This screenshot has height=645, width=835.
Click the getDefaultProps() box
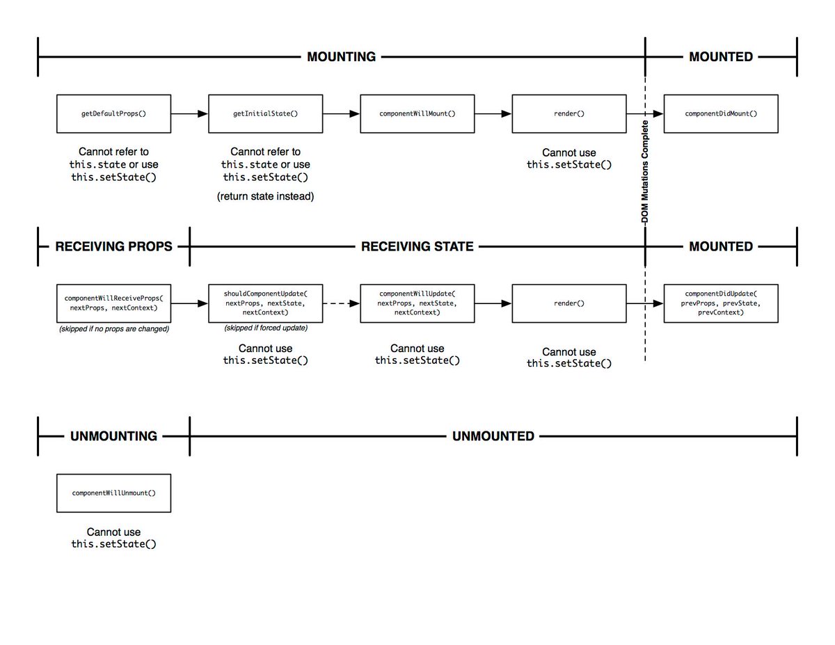[x=113, y=113]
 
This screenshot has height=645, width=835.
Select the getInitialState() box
[x=265, y=113]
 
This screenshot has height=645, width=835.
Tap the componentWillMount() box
[x=417, y=113]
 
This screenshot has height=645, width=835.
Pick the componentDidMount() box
[x=721, y=113]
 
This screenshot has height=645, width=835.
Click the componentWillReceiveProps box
[x=113, y=303]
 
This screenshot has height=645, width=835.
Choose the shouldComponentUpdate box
[x=265, y=303]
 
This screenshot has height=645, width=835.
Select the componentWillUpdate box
[x=417, y=303]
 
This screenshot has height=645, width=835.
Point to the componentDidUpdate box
[x=721, y=303]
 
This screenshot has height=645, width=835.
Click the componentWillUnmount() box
[x=113, y=493]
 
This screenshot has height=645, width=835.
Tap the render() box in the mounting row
[x=569, y=113]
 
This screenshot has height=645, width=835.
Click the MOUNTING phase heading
[x=341, y=57]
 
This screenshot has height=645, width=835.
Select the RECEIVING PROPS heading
[x=113, y=246]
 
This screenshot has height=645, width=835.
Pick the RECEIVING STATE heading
[x=417, y=246]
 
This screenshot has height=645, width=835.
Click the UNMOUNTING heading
[x=113, y=436]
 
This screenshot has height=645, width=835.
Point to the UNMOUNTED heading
[x=493, y=436]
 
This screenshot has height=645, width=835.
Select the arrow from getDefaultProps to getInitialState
[x=189, y=113]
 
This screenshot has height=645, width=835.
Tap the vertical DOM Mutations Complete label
[x=644, y=170]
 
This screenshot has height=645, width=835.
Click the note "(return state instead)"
[x=265, y=196]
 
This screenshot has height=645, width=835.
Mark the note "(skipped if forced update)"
[x=265, y=328]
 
